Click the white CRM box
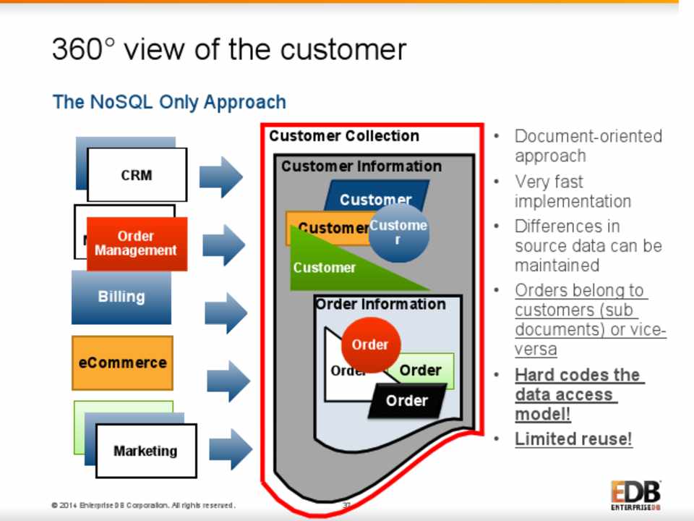137,175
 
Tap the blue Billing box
121,297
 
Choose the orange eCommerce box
122,363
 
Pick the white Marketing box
145,451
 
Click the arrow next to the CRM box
220,177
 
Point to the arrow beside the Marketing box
230,449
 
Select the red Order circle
370,344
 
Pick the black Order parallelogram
406,400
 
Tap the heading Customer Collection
344,136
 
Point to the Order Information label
380,305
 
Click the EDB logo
635,496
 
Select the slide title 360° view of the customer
229,49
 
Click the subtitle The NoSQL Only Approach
169,102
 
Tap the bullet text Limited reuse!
573,439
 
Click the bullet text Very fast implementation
573,191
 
